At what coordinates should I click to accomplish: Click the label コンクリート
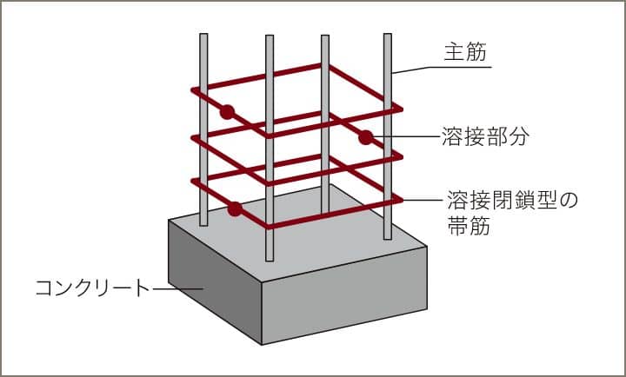(92, 288)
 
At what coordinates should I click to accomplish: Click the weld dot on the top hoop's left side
(227, 112)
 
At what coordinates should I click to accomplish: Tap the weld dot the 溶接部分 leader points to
(366, 136)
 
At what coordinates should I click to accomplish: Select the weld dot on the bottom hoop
(234, 208)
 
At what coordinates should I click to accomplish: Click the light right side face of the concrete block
(348, 291)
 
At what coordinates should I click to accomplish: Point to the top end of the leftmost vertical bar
(203, 36)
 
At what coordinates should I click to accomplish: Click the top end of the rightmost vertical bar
(387, 36)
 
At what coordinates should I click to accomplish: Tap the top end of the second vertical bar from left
(269, 38)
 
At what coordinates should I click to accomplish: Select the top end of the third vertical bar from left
(324, 38)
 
